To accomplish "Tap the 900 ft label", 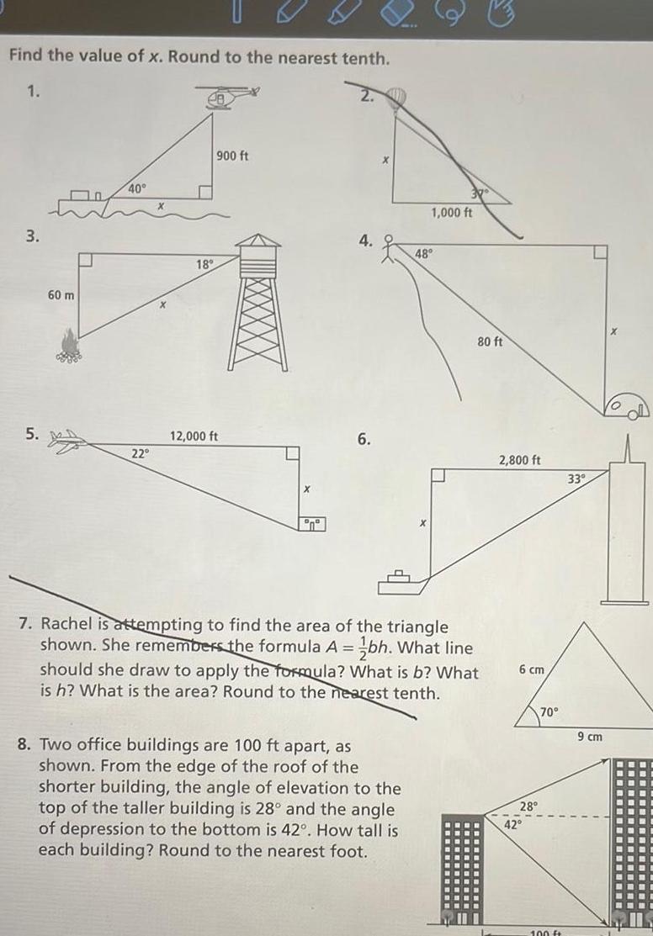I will coord(231,156).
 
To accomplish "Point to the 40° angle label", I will coord(137,189).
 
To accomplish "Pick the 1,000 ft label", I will coord(451,212).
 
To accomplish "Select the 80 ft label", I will coord(490,342).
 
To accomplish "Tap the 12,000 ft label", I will coord(194,436).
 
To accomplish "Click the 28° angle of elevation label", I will coord(528,806).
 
